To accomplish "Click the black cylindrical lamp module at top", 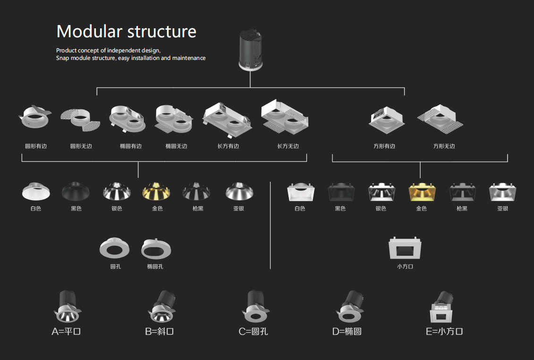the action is [x=251, y=50].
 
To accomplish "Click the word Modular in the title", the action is [x=89, y=31].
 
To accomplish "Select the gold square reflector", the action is [x=422, y=192].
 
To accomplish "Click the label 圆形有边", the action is [x=36, y=146].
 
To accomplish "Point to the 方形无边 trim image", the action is [x=440, y=119].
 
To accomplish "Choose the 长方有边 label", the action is [x=228, y=146].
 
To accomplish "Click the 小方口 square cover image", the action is [x=405, y=248].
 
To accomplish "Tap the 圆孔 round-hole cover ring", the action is [x=114, y=248].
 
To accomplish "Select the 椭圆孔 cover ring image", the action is [x=156, y=249].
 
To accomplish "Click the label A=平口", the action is [x=66, y=331].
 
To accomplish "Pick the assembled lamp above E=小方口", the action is [x=441, y=307].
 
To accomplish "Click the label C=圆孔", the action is [x=254, y=331].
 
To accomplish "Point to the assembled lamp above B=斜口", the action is [x=161, y=306].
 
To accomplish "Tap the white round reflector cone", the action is [x=36, y=191].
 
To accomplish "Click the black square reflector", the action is [x=340, y=192].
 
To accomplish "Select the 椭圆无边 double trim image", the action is [x=174, y=119].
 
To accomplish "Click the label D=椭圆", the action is [x=347, y=331].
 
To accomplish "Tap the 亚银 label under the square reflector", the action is [x=503, y=208].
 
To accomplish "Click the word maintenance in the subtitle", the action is [x=189, y=58].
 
